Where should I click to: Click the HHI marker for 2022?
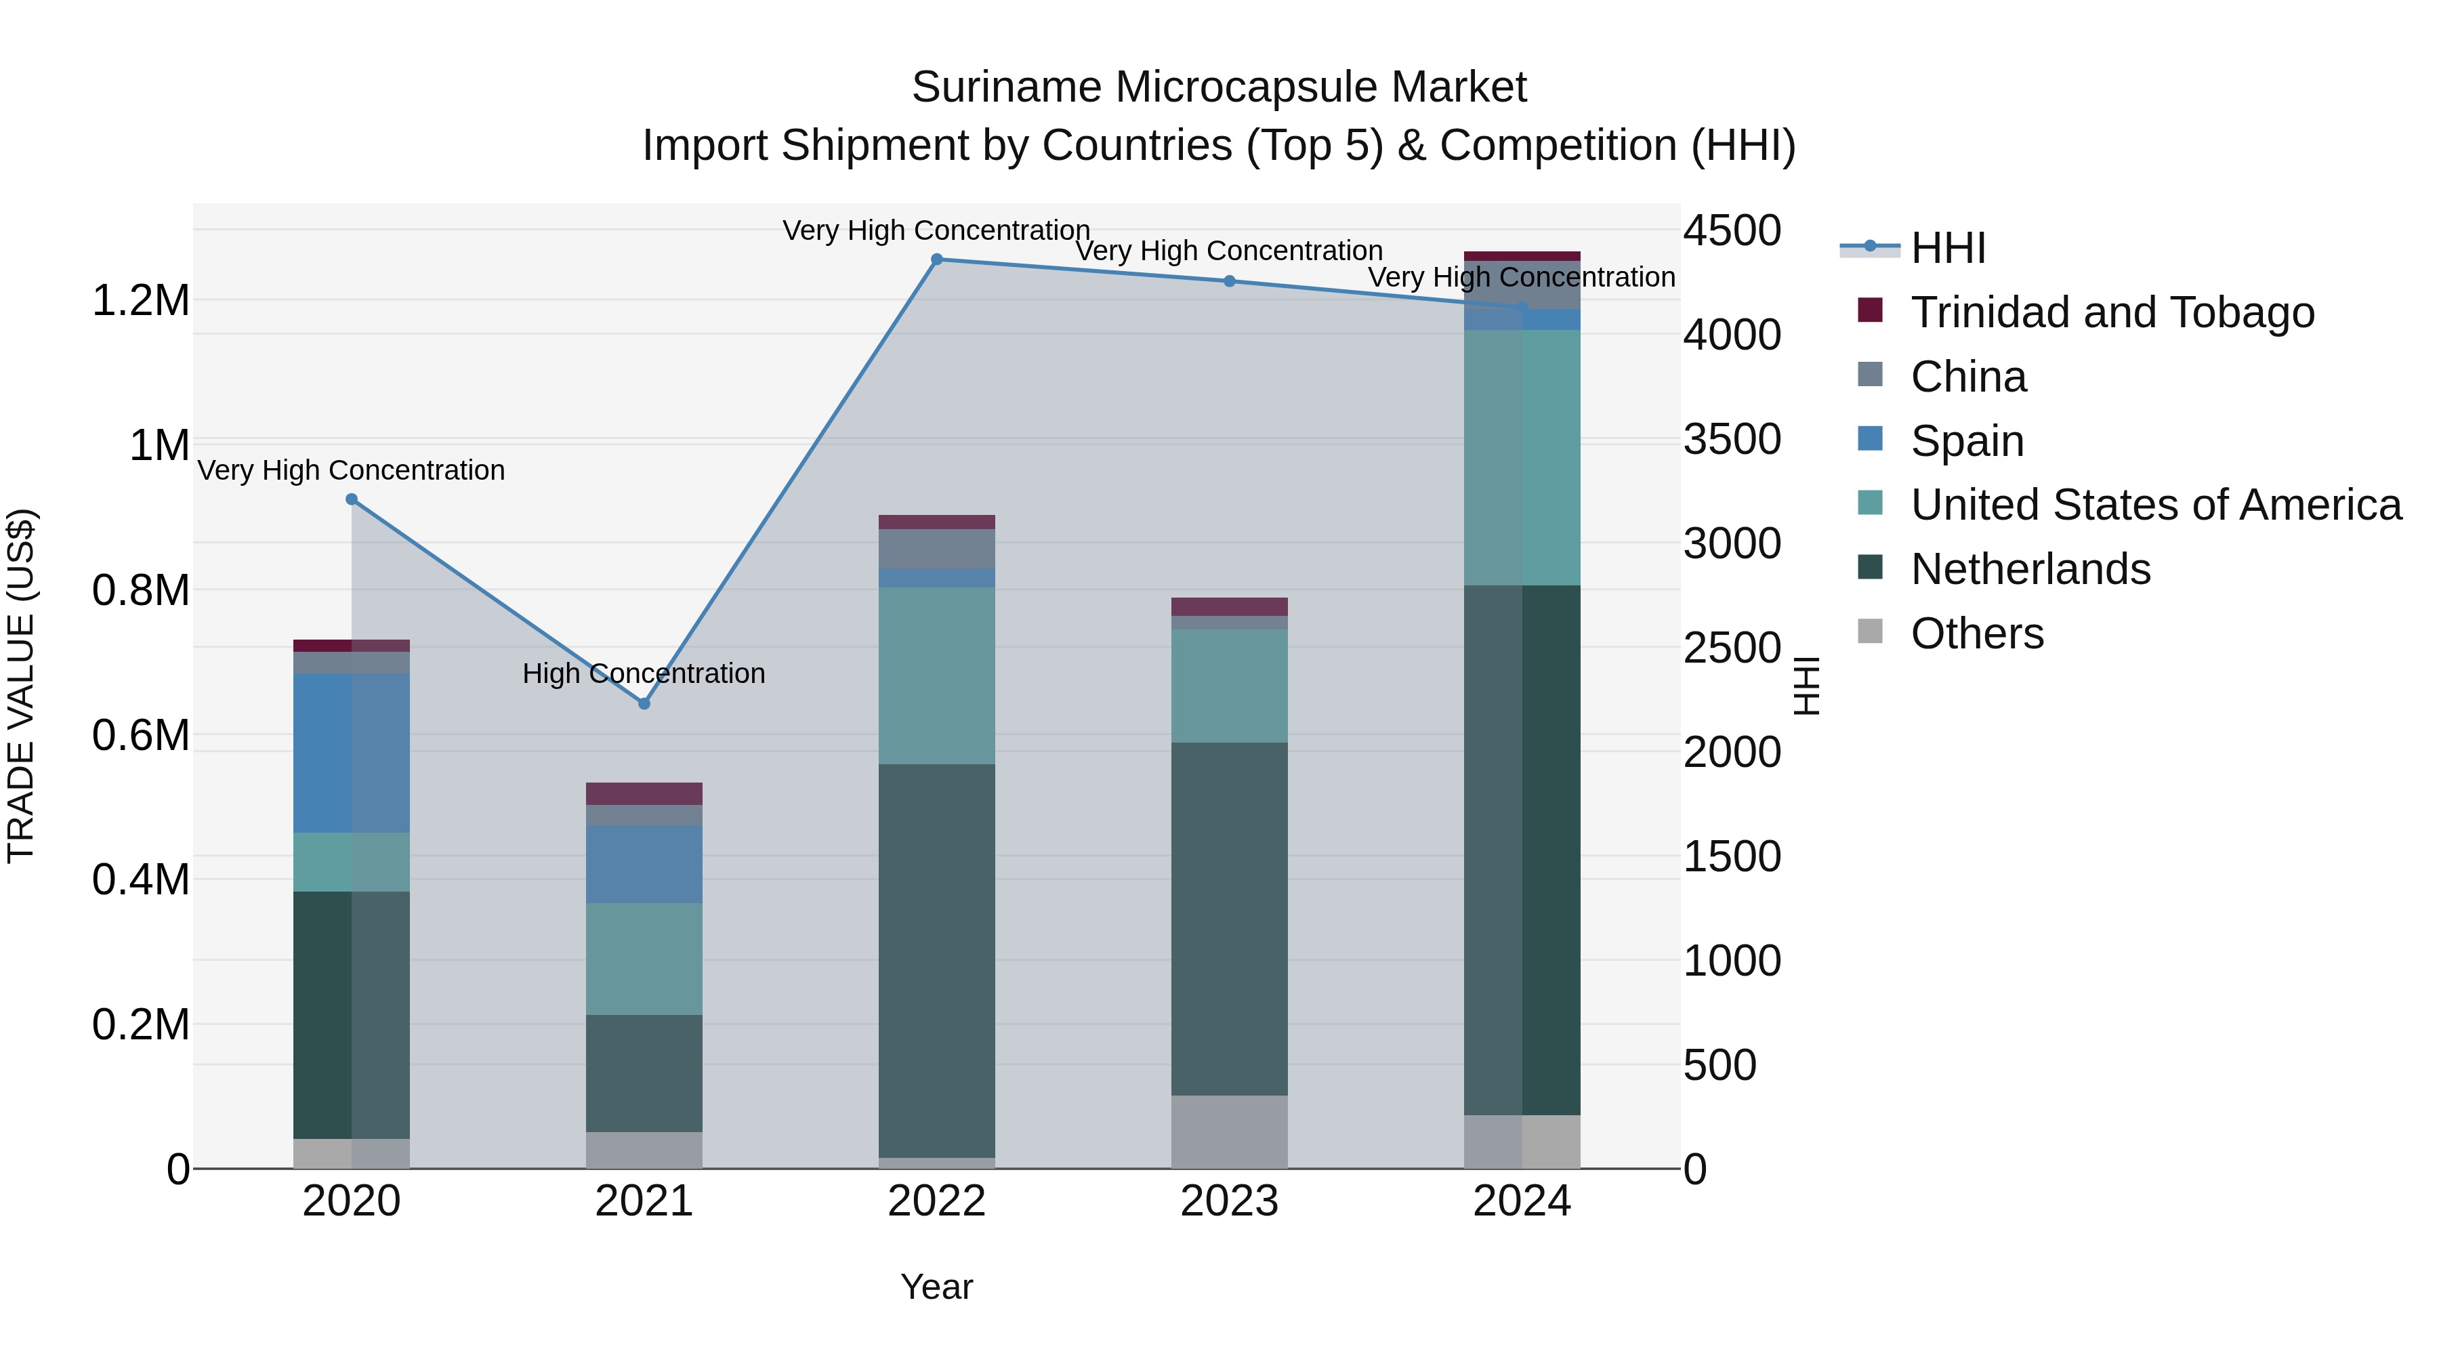[936, 259]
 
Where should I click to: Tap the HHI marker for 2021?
[644, 703]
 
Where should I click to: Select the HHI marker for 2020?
[351, 499]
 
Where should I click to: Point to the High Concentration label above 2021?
[644, 673]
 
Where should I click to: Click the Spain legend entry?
[1967, 441]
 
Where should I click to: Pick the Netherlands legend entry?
[2030, 569]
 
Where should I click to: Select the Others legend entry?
[1977, 633]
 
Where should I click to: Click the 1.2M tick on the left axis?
[140, 301]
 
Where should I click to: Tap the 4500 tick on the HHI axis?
[1732, 230]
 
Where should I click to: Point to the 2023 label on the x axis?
[1229, 1201]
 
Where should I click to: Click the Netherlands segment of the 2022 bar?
[936, 960]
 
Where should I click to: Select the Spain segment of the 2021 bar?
[644, 864]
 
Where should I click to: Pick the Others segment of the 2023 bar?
[1229, 1131]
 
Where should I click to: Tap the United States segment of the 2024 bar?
[1522, 457]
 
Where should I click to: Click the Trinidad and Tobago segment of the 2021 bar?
[644, 793]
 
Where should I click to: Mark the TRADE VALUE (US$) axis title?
[21, 686]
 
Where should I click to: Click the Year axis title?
[936, 1287]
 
